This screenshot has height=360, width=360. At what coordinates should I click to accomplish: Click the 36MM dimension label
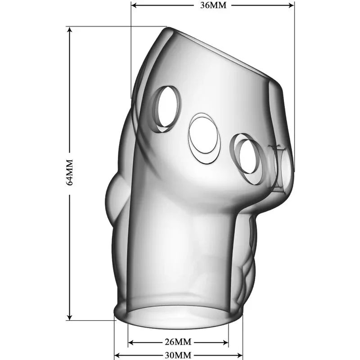(x=213, y=5)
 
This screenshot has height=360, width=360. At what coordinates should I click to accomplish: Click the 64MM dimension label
(x=69, y=172)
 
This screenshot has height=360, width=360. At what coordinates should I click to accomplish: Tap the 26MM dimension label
(x=178, y=342)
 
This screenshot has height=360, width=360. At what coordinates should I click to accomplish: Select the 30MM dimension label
(x=178, y=355)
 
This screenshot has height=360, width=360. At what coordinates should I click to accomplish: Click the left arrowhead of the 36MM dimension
(x=134, y=5)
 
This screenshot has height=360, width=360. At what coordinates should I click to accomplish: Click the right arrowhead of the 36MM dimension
(x=292, y=5)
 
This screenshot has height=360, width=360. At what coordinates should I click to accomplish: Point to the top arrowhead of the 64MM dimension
(x=69, y=29)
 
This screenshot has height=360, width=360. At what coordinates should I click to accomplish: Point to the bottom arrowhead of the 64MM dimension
(x=69, y=317)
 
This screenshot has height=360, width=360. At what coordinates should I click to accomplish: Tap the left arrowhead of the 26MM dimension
(x=130, y=343)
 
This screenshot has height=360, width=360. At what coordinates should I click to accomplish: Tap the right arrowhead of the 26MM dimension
(x=226, y=343)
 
